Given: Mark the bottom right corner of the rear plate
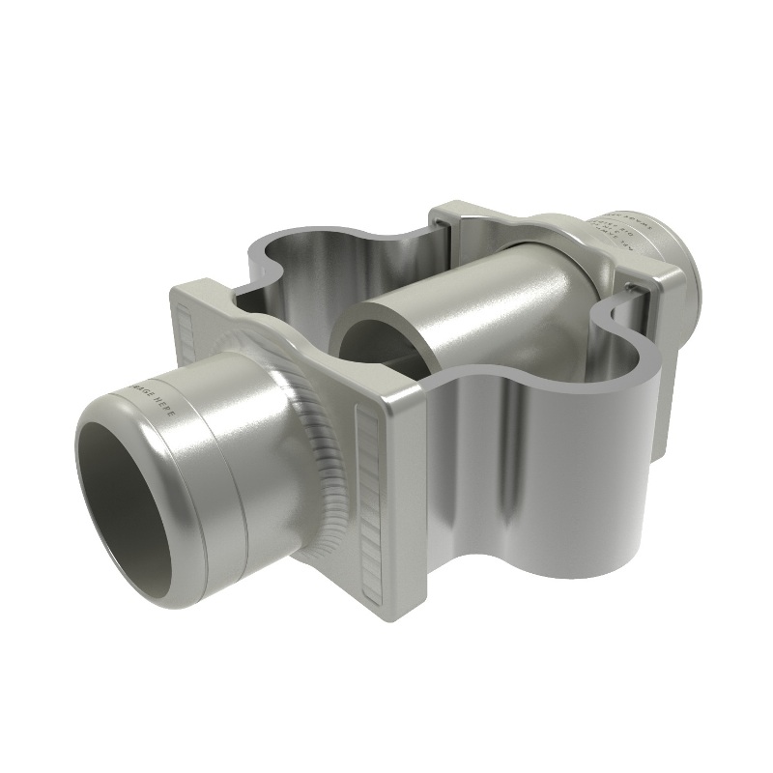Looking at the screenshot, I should [667, 454].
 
